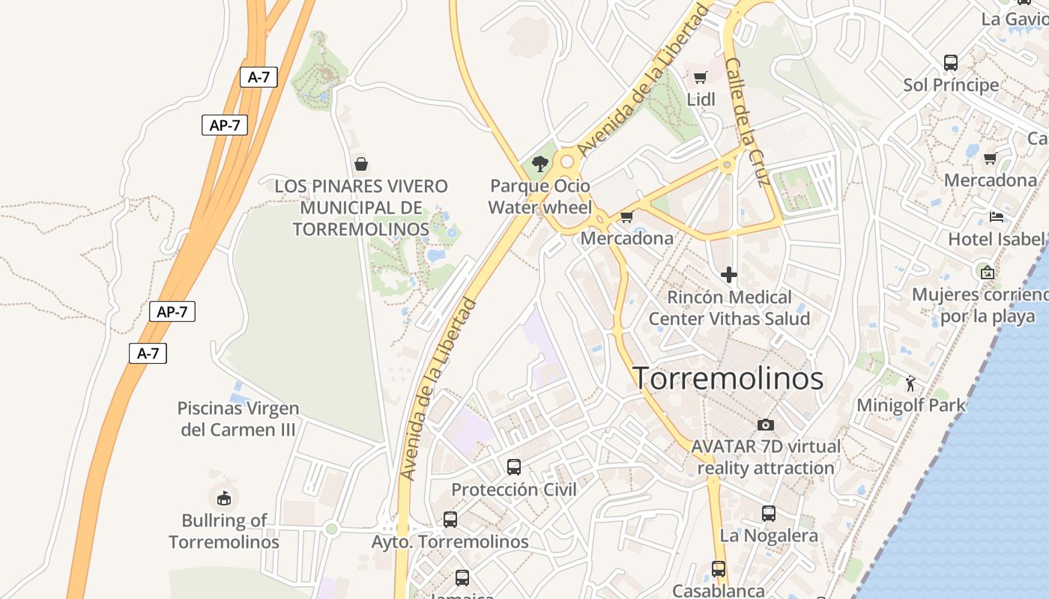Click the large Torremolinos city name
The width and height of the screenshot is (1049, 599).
(x=728, y=378)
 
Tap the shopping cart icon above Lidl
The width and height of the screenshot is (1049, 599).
(x=701, y=77)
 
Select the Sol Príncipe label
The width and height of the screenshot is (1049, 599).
(x=951, y=85)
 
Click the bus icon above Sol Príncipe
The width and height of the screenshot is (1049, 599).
(x=951, y=62)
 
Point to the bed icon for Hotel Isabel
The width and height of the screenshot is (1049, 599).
(x=996, y=217)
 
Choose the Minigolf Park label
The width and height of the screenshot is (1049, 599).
(x=911, y=405)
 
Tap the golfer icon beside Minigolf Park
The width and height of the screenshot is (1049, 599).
(x=910, y=383)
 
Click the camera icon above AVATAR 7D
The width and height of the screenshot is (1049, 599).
(x=765, y=425)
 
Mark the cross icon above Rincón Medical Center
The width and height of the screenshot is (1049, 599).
(x=728, y=275)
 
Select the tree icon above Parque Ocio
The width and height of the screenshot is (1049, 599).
(x=539, y=164)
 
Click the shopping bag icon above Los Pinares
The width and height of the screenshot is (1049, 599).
(x=360, y=163)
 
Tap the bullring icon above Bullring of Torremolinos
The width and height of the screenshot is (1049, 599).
(x=223, y=498)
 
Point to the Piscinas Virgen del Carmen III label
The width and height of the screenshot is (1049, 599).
(x=238, y=419)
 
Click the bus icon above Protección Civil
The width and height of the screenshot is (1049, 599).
(x=514, y=467)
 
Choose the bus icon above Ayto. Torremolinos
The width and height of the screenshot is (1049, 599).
(x=450, y=519)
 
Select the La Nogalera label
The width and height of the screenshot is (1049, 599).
(x=769, y=535)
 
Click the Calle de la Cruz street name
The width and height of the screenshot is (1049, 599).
(x=748, y=122)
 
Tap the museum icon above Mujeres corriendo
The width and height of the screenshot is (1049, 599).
(x=987, y=272)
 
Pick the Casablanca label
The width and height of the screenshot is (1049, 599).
(x=719, y=590)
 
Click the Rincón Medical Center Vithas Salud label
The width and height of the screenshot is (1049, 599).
(x=729, y=308)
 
